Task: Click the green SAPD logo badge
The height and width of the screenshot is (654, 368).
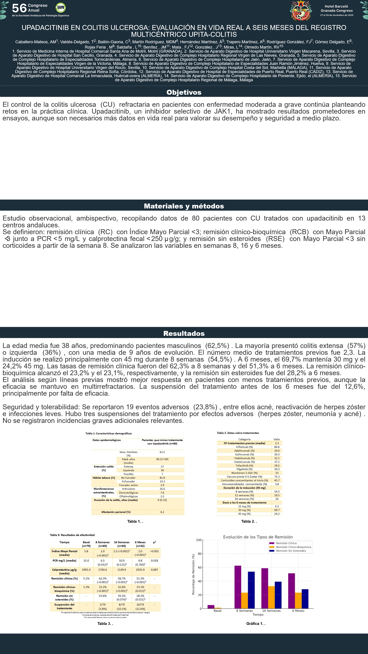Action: pyautogui.click(x=60, y=8)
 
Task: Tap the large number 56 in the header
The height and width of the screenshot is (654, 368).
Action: pyautogui.click(x=19, y=8)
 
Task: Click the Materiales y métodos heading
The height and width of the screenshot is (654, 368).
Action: pyautogui.click(x=184, y=206)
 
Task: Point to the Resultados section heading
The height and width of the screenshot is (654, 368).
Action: pyautogui.click(x=184, y=333)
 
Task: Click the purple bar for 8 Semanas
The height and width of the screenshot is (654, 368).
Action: pyautogui.click(x=238, y=587)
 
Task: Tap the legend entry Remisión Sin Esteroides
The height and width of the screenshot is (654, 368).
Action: pyautogui.click(x=291, y=551)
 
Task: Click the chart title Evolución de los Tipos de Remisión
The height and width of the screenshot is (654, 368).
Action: pyautogui.click(x=258, y=537)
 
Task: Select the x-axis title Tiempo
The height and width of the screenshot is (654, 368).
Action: pyautogui.click(x=258, y=614)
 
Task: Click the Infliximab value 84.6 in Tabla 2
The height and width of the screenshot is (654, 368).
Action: pyautogui.click(x=277, y=447)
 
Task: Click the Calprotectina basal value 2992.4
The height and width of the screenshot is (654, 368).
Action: pyautogui.click(x=86, y=570)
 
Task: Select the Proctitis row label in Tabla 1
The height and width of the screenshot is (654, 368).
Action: pyautogui.click(x=128, y=474)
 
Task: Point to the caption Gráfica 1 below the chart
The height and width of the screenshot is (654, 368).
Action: pyautogui.click(x=256, y=624)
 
